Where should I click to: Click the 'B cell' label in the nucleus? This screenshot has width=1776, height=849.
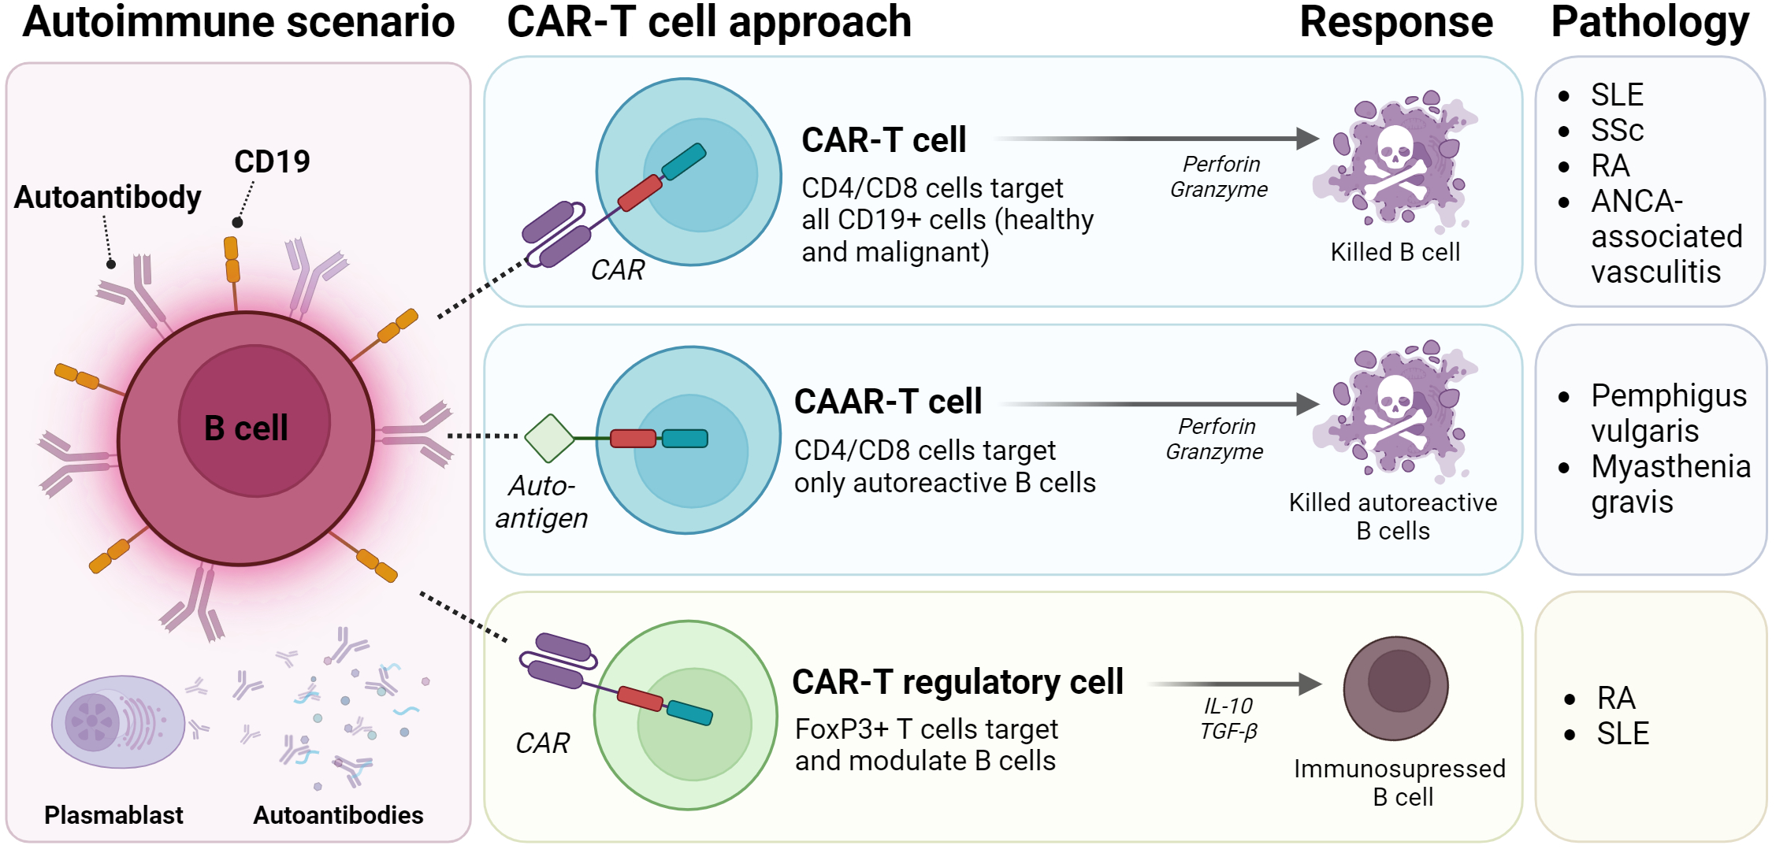[246, 428]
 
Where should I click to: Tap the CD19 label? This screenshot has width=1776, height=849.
[272, 161]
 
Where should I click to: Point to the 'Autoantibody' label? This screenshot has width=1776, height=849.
[108, 197]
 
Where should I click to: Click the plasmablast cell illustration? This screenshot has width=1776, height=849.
[117, 721]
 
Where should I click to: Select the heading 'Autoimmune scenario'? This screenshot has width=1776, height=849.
[238, 22]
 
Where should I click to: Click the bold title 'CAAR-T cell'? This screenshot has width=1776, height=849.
[888, 402]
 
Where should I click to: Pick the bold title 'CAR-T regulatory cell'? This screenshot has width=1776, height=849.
[957, 682]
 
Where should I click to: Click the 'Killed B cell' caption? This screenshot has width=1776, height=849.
[1395, 252]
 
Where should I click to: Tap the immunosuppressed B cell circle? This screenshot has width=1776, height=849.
[1395, 688]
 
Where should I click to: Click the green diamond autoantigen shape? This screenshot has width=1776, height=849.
[549, 438]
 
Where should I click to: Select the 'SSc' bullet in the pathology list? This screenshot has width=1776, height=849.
[1617, 130]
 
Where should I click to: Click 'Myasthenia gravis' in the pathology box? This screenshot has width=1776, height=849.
[1670, 484]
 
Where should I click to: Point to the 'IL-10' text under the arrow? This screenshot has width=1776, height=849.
[1228, 706]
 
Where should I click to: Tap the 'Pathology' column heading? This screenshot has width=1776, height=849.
[1650, 22]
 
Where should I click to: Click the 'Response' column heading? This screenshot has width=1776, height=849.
[1395, 22]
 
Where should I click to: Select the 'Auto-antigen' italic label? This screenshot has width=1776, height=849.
[542, 502]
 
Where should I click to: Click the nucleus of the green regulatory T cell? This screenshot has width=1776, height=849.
[693, 725]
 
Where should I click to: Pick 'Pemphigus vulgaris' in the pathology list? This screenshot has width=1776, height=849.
[1668, 413]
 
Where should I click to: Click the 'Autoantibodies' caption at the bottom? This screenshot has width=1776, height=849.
[338, 815]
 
